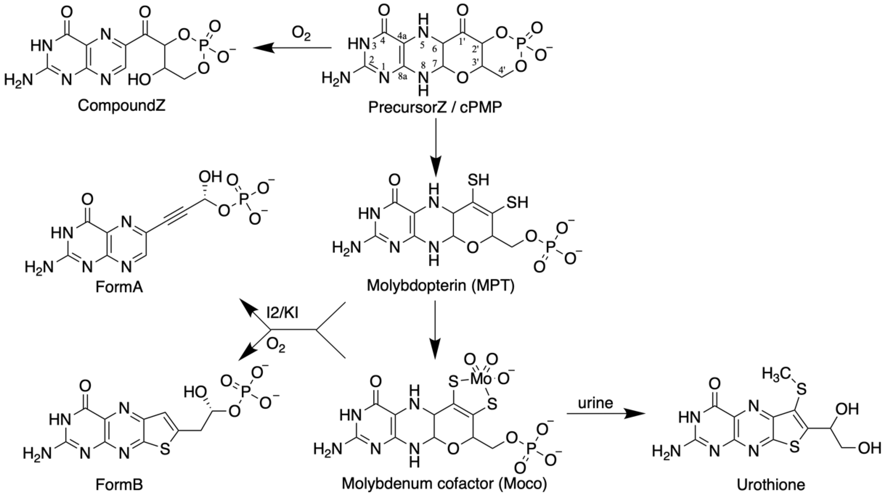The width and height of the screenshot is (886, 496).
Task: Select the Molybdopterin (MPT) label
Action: tap(441, 286)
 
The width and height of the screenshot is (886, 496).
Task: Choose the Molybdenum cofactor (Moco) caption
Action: tap(444, 484)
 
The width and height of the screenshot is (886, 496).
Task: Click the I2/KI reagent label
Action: tap(282, 313)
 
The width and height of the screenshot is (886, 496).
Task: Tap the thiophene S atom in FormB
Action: tap(165, 450)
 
